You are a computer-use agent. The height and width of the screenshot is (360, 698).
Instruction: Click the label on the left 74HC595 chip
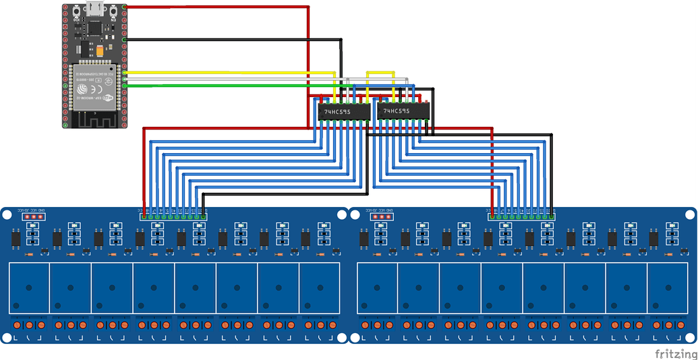337,112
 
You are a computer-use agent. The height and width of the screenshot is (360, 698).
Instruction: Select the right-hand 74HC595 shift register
403,111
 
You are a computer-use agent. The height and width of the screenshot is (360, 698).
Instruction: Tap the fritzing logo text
675,353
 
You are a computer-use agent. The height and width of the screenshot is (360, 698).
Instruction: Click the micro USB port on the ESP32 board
95,9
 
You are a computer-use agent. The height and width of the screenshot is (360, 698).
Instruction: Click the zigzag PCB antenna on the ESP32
94,119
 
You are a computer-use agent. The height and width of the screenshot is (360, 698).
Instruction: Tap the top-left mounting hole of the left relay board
7,214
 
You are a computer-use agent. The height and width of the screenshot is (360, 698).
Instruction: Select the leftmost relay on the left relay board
29,287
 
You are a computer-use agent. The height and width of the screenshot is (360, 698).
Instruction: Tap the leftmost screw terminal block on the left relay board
29,326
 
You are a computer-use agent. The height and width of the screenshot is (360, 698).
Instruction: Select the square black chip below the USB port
93,29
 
